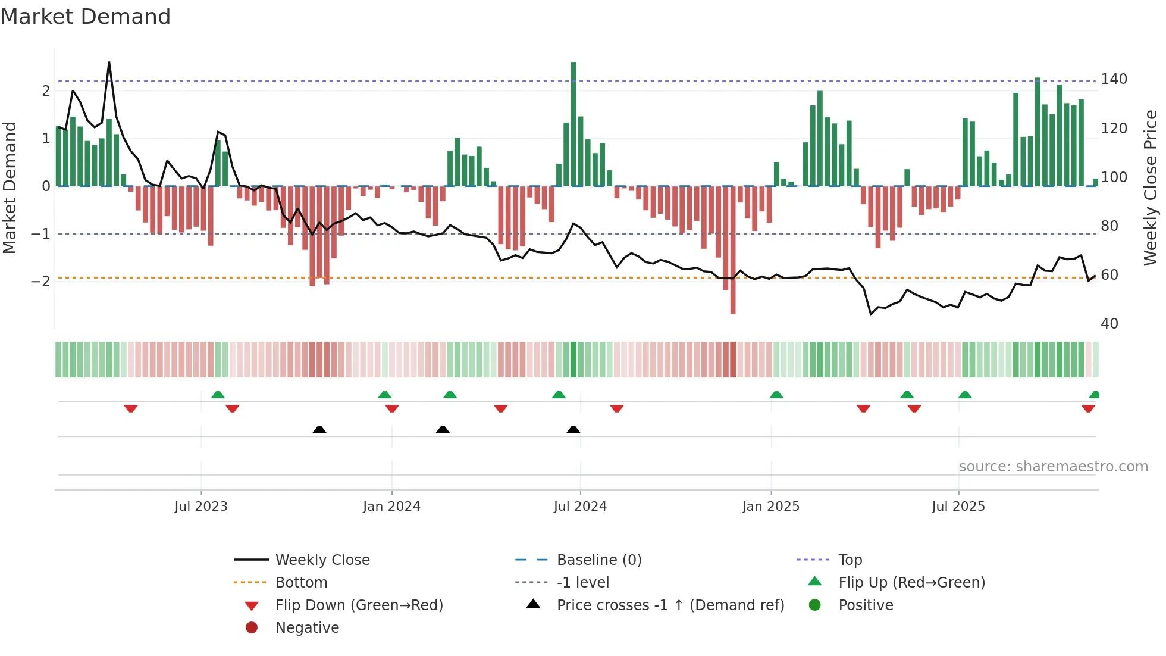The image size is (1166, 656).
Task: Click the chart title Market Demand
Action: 86,17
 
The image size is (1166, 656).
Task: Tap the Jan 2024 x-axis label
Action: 391,507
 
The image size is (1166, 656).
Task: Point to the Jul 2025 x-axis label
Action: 958,507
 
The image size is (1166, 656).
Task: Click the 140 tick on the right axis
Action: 1114,79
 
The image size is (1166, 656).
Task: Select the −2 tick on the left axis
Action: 41,281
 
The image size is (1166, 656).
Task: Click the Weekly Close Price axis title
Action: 1151,188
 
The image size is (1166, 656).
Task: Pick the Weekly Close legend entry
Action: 322,560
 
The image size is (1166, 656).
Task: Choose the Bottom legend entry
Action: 301,583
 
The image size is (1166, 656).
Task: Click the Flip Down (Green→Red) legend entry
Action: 359,605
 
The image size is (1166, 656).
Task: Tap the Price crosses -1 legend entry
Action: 670,605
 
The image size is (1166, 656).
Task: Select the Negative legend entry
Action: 307,628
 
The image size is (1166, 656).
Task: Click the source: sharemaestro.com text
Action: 1053,467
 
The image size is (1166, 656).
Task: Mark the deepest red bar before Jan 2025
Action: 733,250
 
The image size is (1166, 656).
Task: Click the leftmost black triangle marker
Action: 319,430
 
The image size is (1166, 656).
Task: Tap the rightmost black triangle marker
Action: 573,430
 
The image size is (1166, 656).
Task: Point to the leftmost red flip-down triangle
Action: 131,408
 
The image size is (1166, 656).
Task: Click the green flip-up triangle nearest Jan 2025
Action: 776,395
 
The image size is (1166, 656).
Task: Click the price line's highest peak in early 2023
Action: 109,63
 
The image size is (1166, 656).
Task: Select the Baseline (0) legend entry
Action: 598,560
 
